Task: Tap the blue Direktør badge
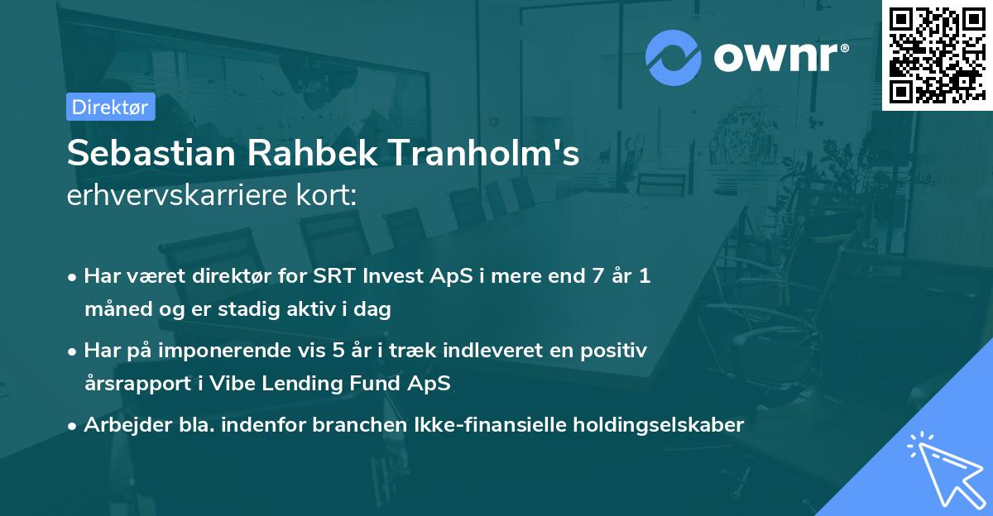(x=110, y=107)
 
